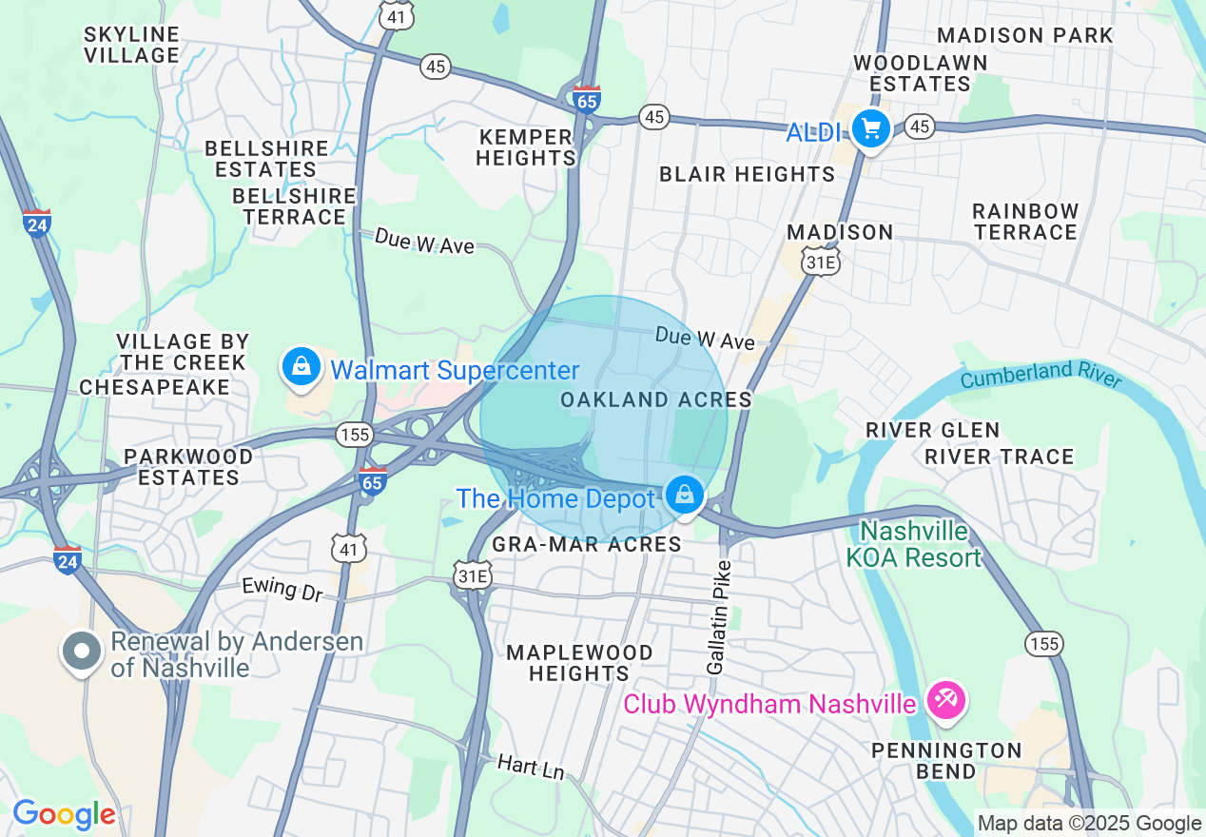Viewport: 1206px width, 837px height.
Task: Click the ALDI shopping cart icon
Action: pyautogui.click(x=870, y=127)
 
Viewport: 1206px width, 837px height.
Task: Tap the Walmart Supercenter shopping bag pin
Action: pyautogui.click(x=301, y=366)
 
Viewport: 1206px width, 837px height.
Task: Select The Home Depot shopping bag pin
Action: pyautogui.click(x=684, y=495)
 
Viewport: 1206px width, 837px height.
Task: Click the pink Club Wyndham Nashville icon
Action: pyautogui.click(x=946, y=701)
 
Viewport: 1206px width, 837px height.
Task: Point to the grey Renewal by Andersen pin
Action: pyautogui.click(x=83, y=652)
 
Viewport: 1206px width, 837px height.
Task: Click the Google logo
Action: pyautogui.click(x=64, y=814)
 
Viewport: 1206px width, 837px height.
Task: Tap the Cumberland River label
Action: pyautogui.click(x=1041, y=374)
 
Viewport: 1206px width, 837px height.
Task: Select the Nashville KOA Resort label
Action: pyautogui.click(x=914, y=543)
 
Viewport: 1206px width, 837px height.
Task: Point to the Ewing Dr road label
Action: pyautogui.click(x=282, y=588)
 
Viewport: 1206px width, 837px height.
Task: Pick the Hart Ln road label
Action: pyautogui.click(x=531, y=766)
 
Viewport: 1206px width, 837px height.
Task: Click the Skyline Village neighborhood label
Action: pyautogui.click(x=131, y=45)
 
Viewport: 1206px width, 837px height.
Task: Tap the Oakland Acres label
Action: pyautogui.click(x=656, y=399)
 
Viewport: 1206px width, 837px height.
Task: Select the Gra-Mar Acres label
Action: pyautogui.click(x=587, y=544)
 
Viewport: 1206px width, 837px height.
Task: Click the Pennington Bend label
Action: pyautogui.click(x=946, y=760)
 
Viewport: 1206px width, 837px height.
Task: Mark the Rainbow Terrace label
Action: pyautogui.click(x=1025, y=221)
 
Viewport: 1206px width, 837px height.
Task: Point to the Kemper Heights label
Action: pyautogui.click(x=526, y=146)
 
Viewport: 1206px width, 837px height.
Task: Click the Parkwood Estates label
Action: pyautogui.click(x=188, y=466)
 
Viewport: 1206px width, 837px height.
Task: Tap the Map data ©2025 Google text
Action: pyautogui.click(x=1090, y=824)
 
